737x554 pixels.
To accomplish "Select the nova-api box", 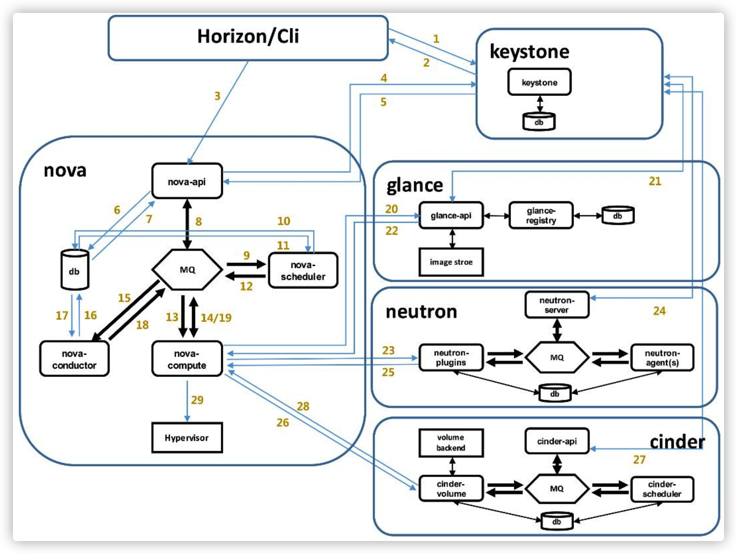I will tap(187, 181).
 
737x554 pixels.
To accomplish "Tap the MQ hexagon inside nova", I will tap(187, 269).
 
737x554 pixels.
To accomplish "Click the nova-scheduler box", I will tap(303, 271).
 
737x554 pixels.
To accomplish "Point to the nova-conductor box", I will tap(74, 359).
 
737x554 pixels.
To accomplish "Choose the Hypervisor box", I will tap(187, 438).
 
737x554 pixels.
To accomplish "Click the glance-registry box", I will tap(541, 216).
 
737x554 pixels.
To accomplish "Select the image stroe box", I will tap(451, 262).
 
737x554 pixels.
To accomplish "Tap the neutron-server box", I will tap(556, 305).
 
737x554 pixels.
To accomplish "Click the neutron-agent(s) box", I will tap(662, 358).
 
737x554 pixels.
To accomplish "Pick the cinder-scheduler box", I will tap(662, 489).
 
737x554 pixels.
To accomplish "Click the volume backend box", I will tap(451, 443).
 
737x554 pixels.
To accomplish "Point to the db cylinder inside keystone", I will tap(538, 122).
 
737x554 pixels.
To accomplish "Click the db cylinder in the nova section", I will tap(74, 270).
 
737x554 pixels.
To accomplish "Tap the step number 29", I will tap(197, 400).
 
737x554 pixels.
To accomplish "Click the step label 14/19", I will tap(216, 318).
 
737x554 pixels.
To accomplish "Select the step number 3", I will tap(217, 96).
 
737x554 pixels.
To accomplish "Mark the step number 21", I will tap(655, 181).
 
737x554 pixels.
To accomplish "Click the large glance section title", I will tap(414, 186).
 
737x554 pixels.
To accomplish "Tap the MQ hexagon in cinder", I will tap(556, 489).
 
